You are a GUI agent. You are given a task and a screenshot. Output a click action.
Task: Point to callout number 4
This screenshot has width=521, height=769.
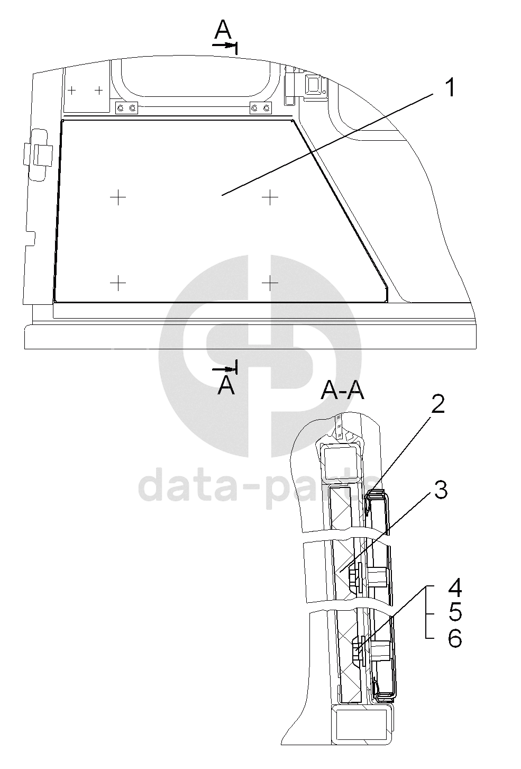[x=455, y=588]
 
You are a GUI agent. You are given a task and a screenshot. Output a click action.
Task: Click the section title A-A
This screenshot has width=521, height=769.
[x=342, y=391]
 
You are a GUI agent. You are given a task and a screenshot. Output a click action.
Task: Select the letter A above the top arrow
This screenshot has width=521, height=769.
[x=223, y=30]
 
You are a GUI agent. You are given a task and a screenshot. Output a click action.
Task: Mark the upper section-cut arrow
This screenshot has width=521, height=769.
[x=225, y=46]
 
